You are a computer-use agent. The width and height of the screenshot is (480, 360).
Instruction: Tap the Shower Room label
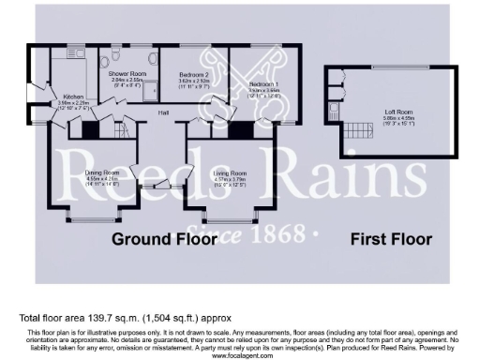pyautogui.click(x=126, y=72)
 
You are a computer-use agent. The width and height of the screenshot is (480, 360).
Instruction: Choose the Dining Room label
pyautogui.click(x=101, y=172)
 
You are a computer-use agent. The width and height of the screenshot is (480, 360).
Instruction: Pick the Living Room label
pyautogui.click(x=230, y=172)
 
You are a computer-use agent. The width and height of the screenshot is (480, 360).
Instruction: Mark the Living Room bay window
pyautogui.click(x=230, y=220)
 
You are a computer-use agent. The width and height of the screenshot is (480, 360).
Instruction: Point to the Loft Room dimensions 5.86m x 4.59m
pyautogui.click(x=397, y=120)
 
